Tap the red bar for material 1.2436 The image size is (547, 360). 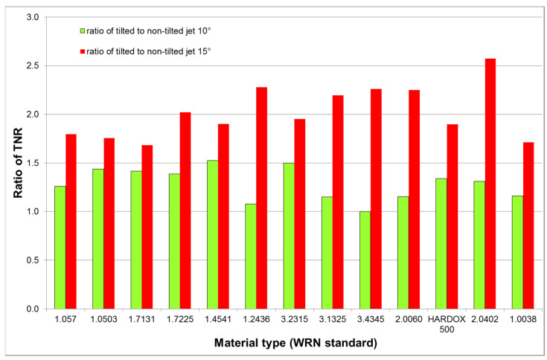tap(261, 198)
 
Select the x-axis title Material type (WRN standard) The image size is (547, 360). tap(294, 344)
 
